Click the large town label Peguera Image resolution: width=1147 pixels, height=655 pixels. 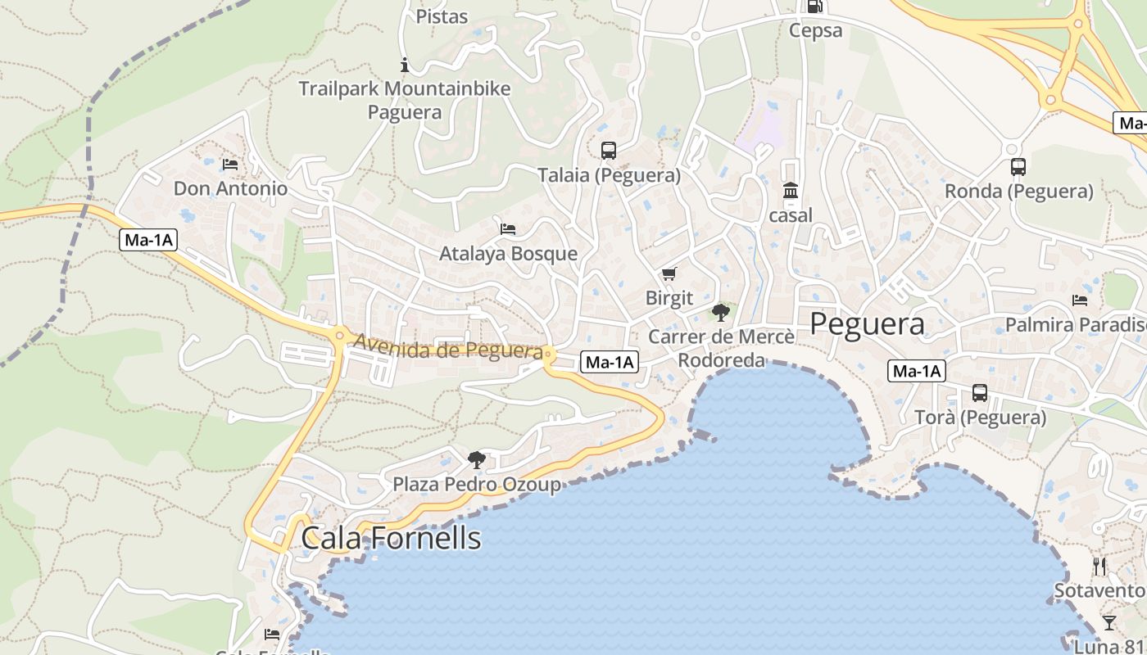click(x=867, y=323)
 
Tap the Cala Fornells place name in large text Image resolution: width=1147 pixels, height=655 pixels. click(x=391, y=538)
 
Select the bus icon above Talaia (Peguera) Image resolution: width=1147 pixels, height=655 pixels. click(x=609, y=151)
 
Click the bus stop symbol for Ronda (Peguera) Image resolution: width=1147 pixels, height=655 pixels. click(x=1018, y=167)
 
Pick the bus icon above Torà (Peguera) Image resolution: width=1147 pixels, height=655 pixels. click(x=980, y=393)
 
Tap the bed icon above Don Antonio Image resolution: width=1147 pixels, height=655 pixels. click(x=230, y=165)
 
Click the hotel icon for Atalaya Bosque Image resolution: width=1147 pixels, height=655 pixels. click(x=508, y=229)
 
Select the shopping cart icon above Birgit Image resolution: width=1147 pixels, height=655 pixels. click(x=669, y=273)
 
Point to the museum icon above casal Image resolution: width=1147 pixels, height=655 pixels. click(x=791, y=191)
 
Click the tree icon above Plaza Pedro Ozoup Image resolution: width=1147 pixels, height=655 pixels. click(x=476, y=460)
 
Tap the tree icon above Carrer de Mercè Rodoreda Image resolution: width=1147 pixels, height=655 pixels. click(x=720, y=312)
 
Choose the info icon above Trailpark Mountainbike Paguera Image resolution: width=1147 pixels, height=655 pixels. click(x=404, y=65)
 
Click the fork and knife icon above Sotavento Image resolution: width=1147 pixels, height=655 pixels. click(x=1099, y=566)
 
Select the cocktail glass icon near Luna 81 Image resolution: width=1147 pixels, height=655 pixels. click(x=1108, y=623)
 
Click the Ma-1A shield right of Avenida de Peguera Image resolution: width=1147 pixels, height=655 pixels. click(x=609, y=362)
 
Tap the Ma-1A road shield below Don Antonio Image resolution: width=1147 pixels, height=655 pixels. click(x=148, y=240)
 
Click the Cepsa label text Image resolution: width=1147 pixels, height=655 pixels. click(x=815, y=31)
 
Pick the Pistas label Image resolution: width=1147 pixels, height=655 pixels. click(x=442, y=16)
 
